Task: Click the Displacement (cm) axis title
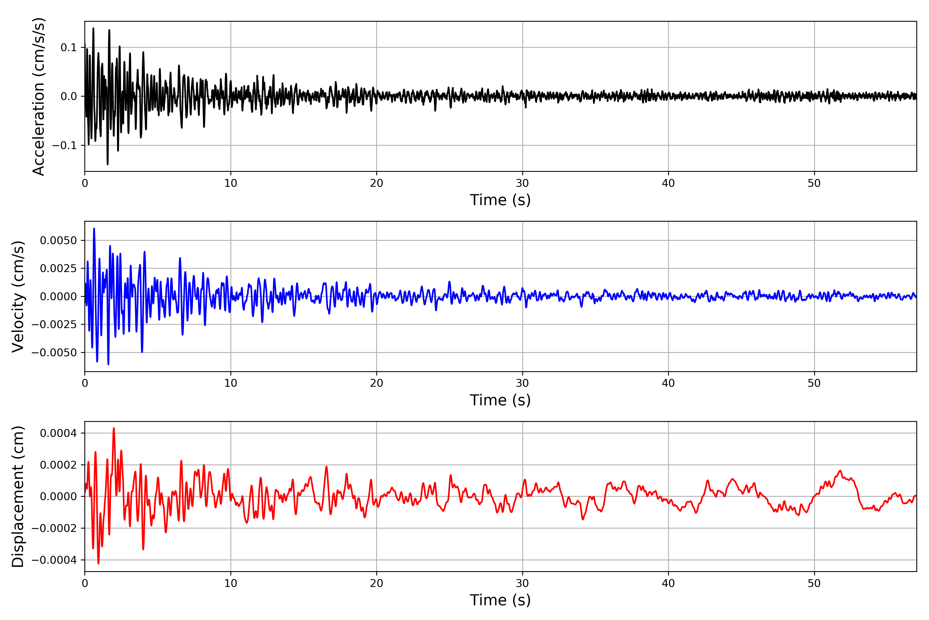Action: click(18, 497)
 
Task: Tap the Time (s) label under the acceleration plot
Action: click(500, 200)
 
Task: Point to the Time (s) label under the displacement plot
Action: click(500, 600)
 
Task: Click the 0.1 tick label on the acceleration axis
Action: click(69, 48)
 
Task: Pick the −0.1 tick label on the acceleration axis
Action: click(65, 145)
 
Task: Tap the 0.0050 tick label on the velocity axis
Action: click(59, 241)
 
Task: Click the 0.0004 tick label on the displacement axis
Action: click(59, 433)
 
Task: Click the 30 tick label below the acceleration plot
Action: click(522, 183)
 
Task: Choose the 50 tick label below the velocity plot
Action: click(814, 383)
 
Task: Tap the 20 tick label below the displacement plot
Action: click(377, 583)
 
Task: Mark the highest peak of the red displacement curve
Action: click(114, 428)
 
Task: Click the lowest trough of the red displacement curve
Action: click(98, 563)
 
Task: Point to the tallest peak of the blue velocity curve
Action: click(94, 229)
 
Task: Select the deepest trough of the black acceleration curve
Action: click(107, 164)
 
